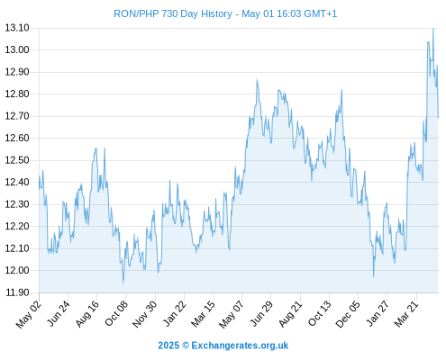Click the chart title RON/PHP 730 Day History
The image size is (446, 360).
(173, 13)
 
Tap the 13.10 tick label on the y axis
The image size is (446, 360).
(17, 28)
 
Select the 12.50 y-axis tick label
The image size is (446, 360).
(17, 160)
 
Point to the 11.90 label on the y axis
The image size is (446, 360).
(17, 292)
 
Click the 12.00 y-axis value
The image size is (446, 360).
(17, 270)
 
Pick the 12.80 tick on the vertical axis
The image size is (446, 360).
(17, 94)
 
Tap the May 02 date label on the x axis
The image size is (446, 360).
(29, 314)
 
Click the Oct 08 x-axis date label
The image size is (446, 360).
(116, 313)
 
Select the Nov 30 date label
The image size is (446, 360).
(144, 314)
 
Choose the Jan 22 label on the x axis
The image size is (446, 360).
(174, 313)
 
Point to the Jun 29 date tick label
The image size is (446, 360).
(261, 313)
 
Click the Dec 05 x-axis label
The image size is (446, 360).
(348, 314)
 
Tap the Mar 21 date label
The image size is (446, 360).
(406, 313)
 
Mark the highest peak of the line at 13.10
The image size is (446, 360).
(433, 29)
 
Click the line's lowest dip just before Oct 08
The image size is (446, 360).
(123, 283)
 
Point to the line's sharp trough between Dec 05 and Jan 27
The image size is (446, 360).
(374, 276)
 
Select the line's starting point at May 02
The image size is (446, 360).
(39, 189)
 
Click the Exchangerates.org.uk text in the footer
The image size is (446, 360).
(240, 346)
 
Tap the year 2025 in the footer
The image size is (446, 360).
(168, 346)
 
